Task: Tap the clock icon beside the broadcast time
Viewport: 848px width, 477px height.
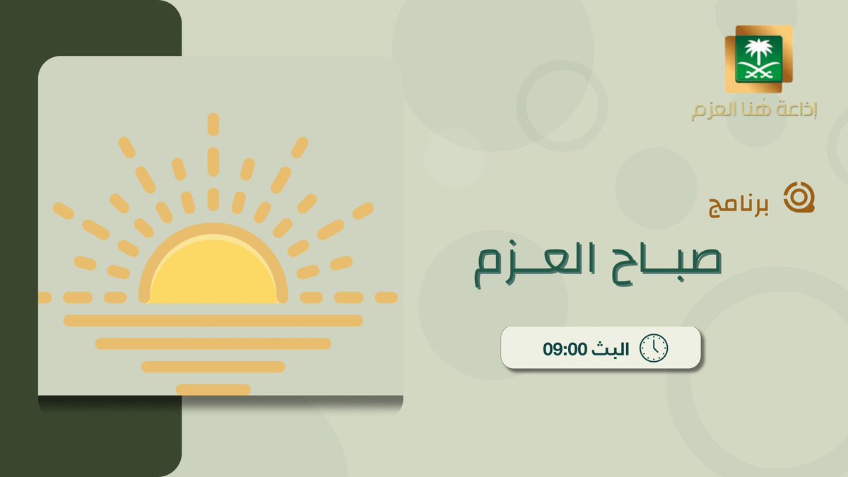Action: click(653, 348)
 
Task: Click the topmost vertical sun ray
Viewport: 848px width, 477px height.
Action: click(213, 124)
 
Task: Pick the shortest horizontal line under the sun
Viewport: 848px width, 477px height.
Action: click(213, 389)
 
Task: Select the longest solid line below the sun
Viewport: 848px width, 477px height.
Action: click(213, 321)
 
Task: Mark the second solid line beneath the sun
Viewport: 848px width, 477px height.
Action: click(213, 344)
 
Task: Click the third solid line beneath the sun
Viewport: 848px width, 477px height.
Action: click(213, 367)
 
